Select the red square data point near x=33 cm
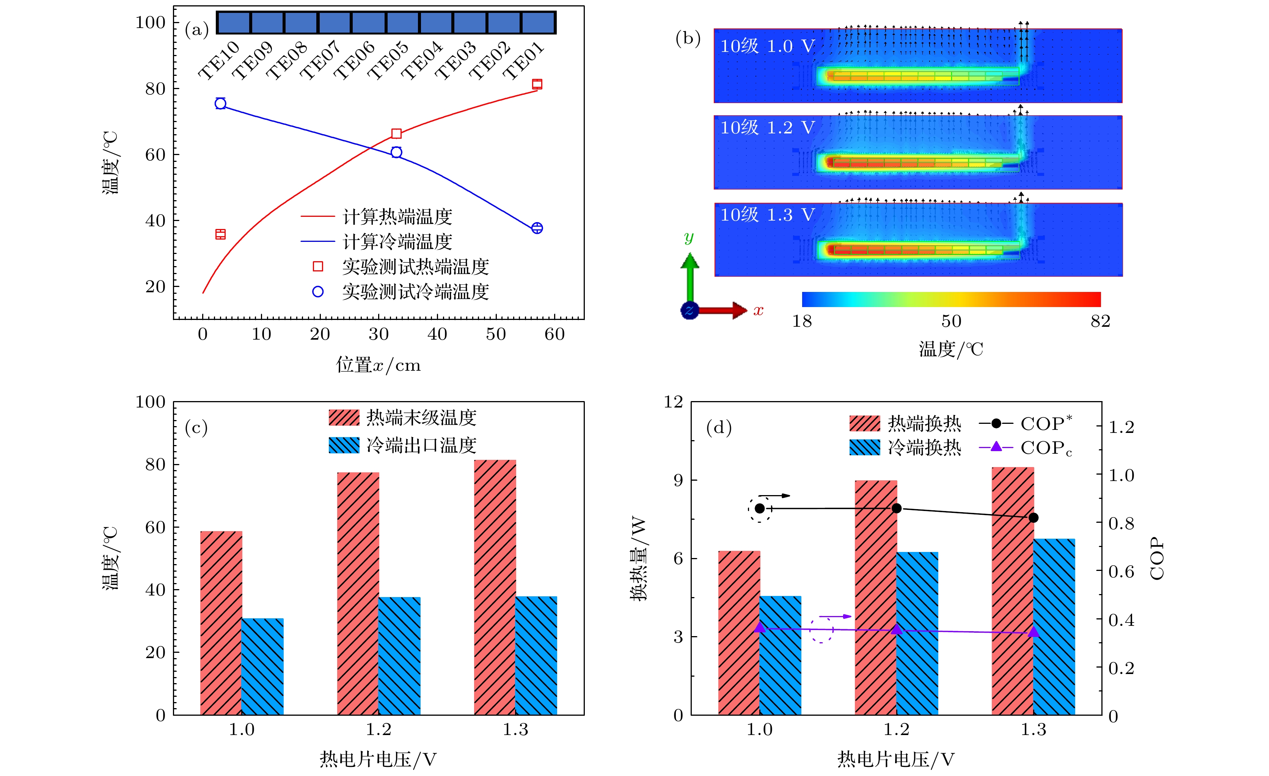click(396, 134)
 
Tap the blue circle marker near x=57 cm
click(537, 228)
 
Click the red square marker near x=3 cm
click(220, 234)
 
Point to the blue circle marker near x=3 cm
click(220, 103)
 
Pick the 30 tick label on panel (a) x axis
click(379, 335)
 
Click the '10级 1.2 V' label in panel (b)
click(767, 128)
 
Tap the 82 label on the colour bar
click(1100, 322)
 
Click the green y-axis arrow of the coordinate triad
click(689, 273)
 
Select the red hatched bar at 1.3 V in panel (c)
click(495, 587)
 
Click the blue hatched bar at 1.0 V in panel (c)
click(262, 666)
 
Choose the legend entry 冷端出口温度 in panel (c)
click(421, 445)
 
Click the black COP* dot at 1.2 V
click(896, 508)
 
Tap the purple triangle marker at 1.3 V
click(1033, 632)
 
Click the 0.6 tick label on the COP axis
click(1121, 572)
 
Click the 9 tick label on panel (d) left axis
click(678, 480)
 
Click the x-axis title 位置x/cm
click(379, 365)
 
